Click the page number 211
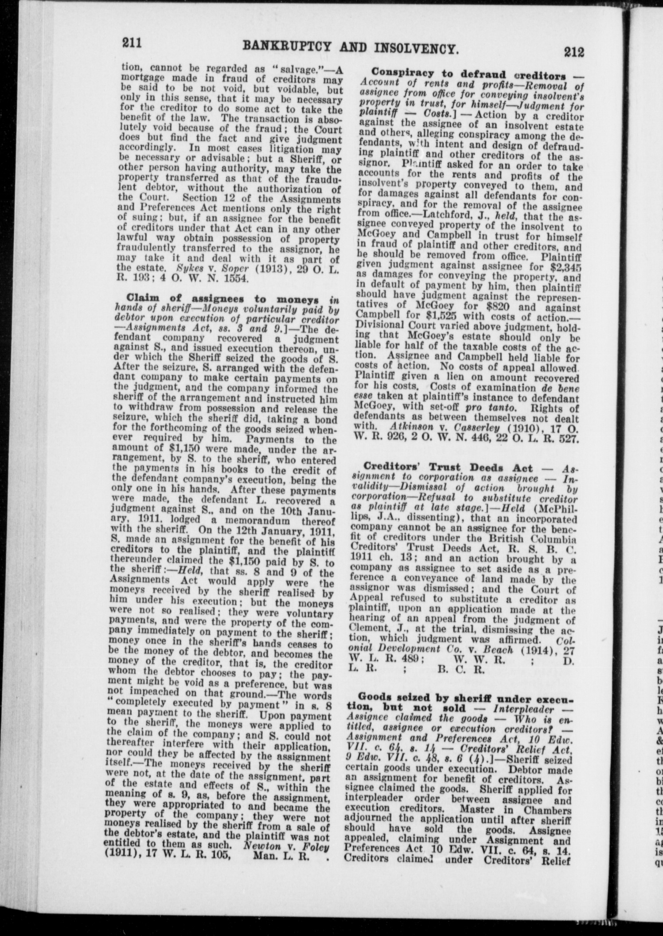pos(132,43)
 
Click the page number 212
pos(575,52)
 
